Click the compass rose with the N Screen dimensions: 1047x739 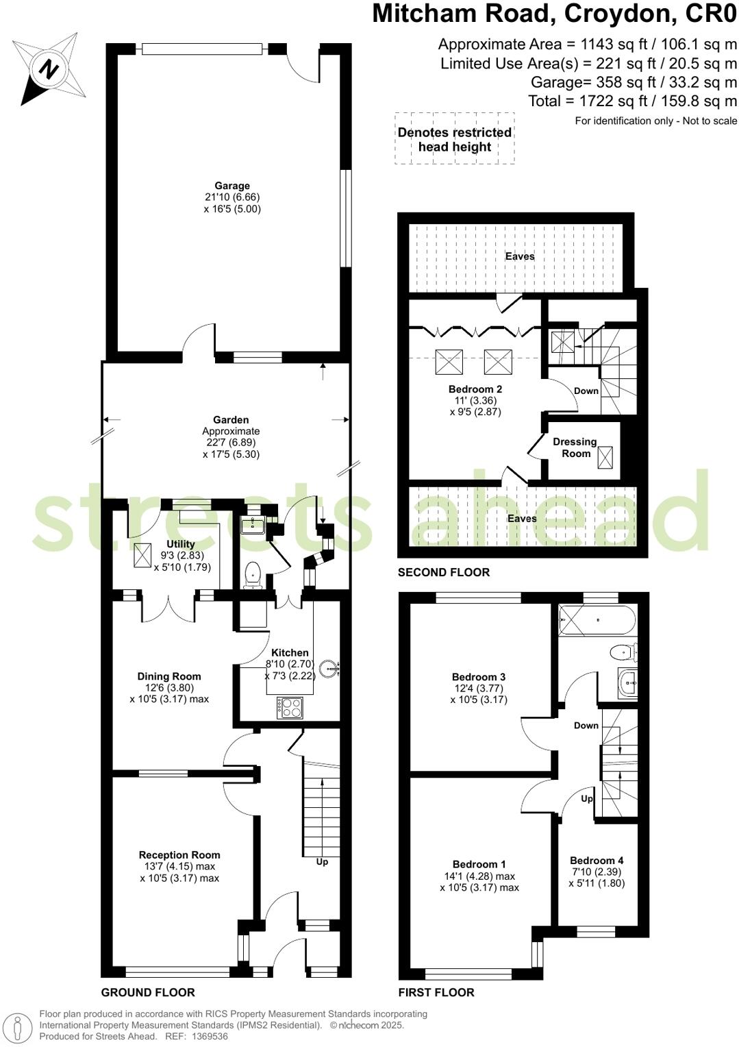click(x=49, y=68)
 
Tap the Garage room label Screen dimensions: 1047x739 click(x=232, y=186)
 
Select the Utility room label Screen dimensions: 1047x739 click(x=181, y=544)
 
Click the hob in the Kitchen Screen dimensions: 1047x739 click(x=290, y=707)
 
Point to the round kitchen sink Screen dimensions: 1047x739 click(x=330, y=665)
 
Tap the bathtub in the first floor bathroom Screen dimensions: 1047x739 click(x=597, y=620)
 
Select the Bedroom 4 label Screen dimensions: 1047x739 click(x=597, y=861)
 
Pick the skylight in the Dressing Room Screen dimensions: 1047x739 click(x=605, y=457)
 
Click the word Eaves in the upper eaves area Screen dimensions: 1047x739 click(x=520, y=256)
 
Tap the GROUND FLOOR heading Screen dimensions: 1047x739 click(x=148, y=992)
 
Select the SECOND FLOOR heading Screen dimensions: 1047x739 click(x=444, y=572)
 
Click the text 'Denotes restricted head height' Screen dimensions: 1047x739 click(x=455, y=139)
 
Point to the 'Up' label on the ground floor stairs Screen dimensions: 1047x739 click(x=322, y=861)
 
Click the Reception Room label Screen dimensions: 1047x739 click(x=179, y=854)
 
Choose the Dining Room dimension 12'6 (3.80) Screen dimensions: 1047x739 click(x=169, y=688)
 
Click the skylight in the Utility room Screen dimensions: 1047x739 click(x=143, y=556)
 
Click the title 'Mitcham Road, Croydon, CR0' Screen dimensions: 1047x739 click(x=555, y=14)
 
